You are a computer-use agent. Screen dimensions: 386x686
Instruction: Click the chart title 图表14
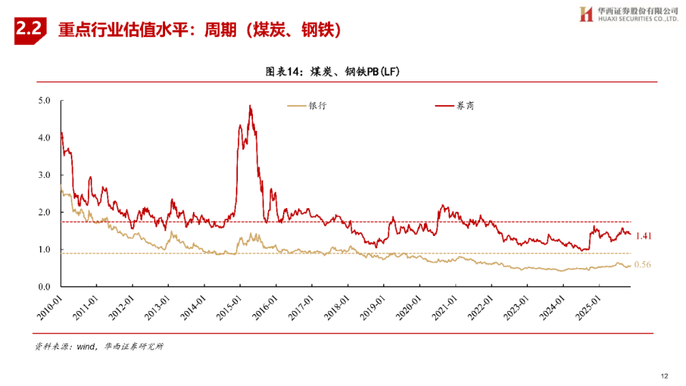(x=285, y=71)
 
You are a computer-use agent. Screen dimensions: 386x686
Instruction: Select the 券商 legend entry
(x=455, y=106)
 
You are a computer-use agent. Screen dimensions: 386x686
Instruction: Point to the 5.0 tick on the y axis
(x=44, y=101)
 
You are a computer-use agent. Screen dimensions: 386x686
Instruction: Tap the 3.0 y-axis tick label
(x=44, y=175)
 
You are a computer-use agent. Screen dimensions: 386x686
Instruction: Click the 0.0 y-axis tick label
(x=44, y=287)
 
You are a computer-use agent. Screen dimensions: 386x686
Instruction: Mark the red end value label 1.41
(x=644, y=236)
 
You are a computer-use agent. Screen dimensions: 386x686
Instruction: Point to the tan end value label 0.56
(x=644, y=265)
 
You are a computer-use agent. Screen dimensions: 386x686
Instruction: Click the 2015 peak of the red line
(x=249, y=106)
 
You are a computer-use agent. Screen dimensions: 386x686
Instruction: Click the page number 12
(x=664, y=375)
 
